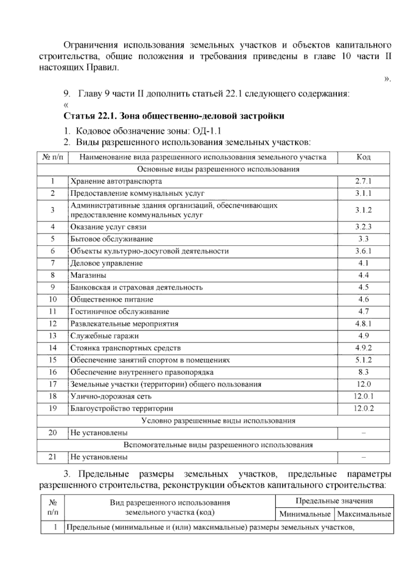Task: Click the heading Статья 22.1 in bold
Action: coord(174,116)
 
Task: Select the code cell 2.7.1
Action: coord(363,181)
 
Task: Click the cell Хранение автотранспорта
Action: coord(116,181)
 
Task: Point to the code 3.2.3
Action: coord(363,227)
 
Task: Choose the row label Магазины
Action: coord(88,275)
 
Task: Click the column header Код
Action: coord(363,157)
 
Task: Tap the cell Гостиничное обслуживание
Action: coord(120,311)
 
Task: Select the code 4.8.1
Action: coord(363,324)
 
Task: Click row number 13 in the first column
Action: coord(53,336)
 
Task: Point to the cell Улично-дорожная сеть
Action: coord(111,396)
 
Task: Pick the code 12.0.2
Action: coord(363,408)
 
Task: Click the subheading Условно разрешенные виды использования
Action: coord(218,421)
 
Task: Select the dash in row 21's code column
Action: coord(363,457)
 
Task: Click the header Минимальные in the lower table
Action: coord(305,514)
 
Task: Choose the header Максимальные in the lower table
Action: coord(364,514)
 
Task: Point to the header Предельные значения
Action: coord(334,501)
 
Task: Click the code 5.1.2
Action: coord(363,360)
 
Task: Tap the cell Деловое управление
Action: coord(107,263)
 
